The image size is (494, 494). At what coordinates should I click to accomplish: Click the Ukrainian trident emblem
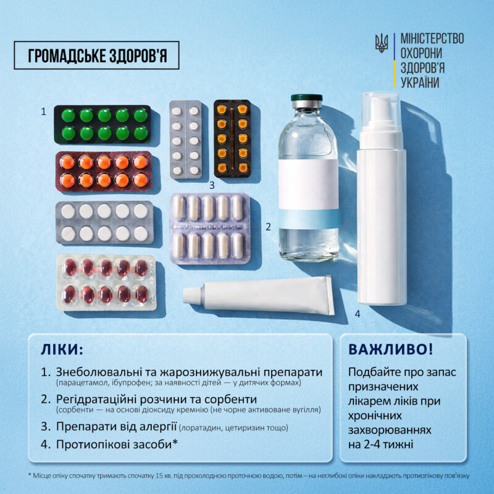pos(381,43)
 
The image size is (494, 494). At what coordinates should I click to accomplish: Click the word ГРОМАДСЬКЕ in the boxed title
pos(67,56)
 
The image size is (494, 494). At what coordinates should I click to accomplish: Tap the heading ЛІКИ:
pos(62,350)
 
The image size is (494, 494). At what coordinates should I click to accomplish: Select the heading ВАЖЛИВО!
pos(391,349)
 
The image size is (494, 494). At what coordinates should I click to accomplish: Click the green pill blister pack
pos(103,125)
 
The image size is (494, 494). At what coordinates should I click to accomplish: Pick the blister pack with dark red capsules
pos(106,282)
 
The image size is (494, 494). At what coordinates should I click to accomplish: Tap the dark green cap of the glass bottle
pos(306,98)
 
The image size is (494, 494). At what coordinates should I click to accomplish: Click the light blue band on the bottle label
pos(309,219)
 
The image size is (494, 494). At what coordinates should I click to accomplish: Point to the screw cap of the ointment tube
pos(192,296)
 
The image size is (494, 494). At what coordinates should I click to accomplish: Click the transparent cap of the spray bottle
pos(381,112)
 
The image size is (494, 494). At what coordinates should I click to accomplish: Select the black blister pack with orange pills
pos(232,138)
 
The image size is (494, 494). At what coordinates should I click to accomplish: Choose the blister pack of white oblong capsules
pos(210,228)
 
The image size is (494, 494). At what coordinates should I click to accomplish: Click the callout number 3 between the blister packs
pos(212,185)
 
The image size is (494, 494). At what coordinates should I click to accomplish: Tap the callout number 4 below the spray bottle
pos(358,314)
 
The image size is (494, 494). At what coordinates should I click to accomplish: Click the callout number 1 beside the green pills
pos(43,112)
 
